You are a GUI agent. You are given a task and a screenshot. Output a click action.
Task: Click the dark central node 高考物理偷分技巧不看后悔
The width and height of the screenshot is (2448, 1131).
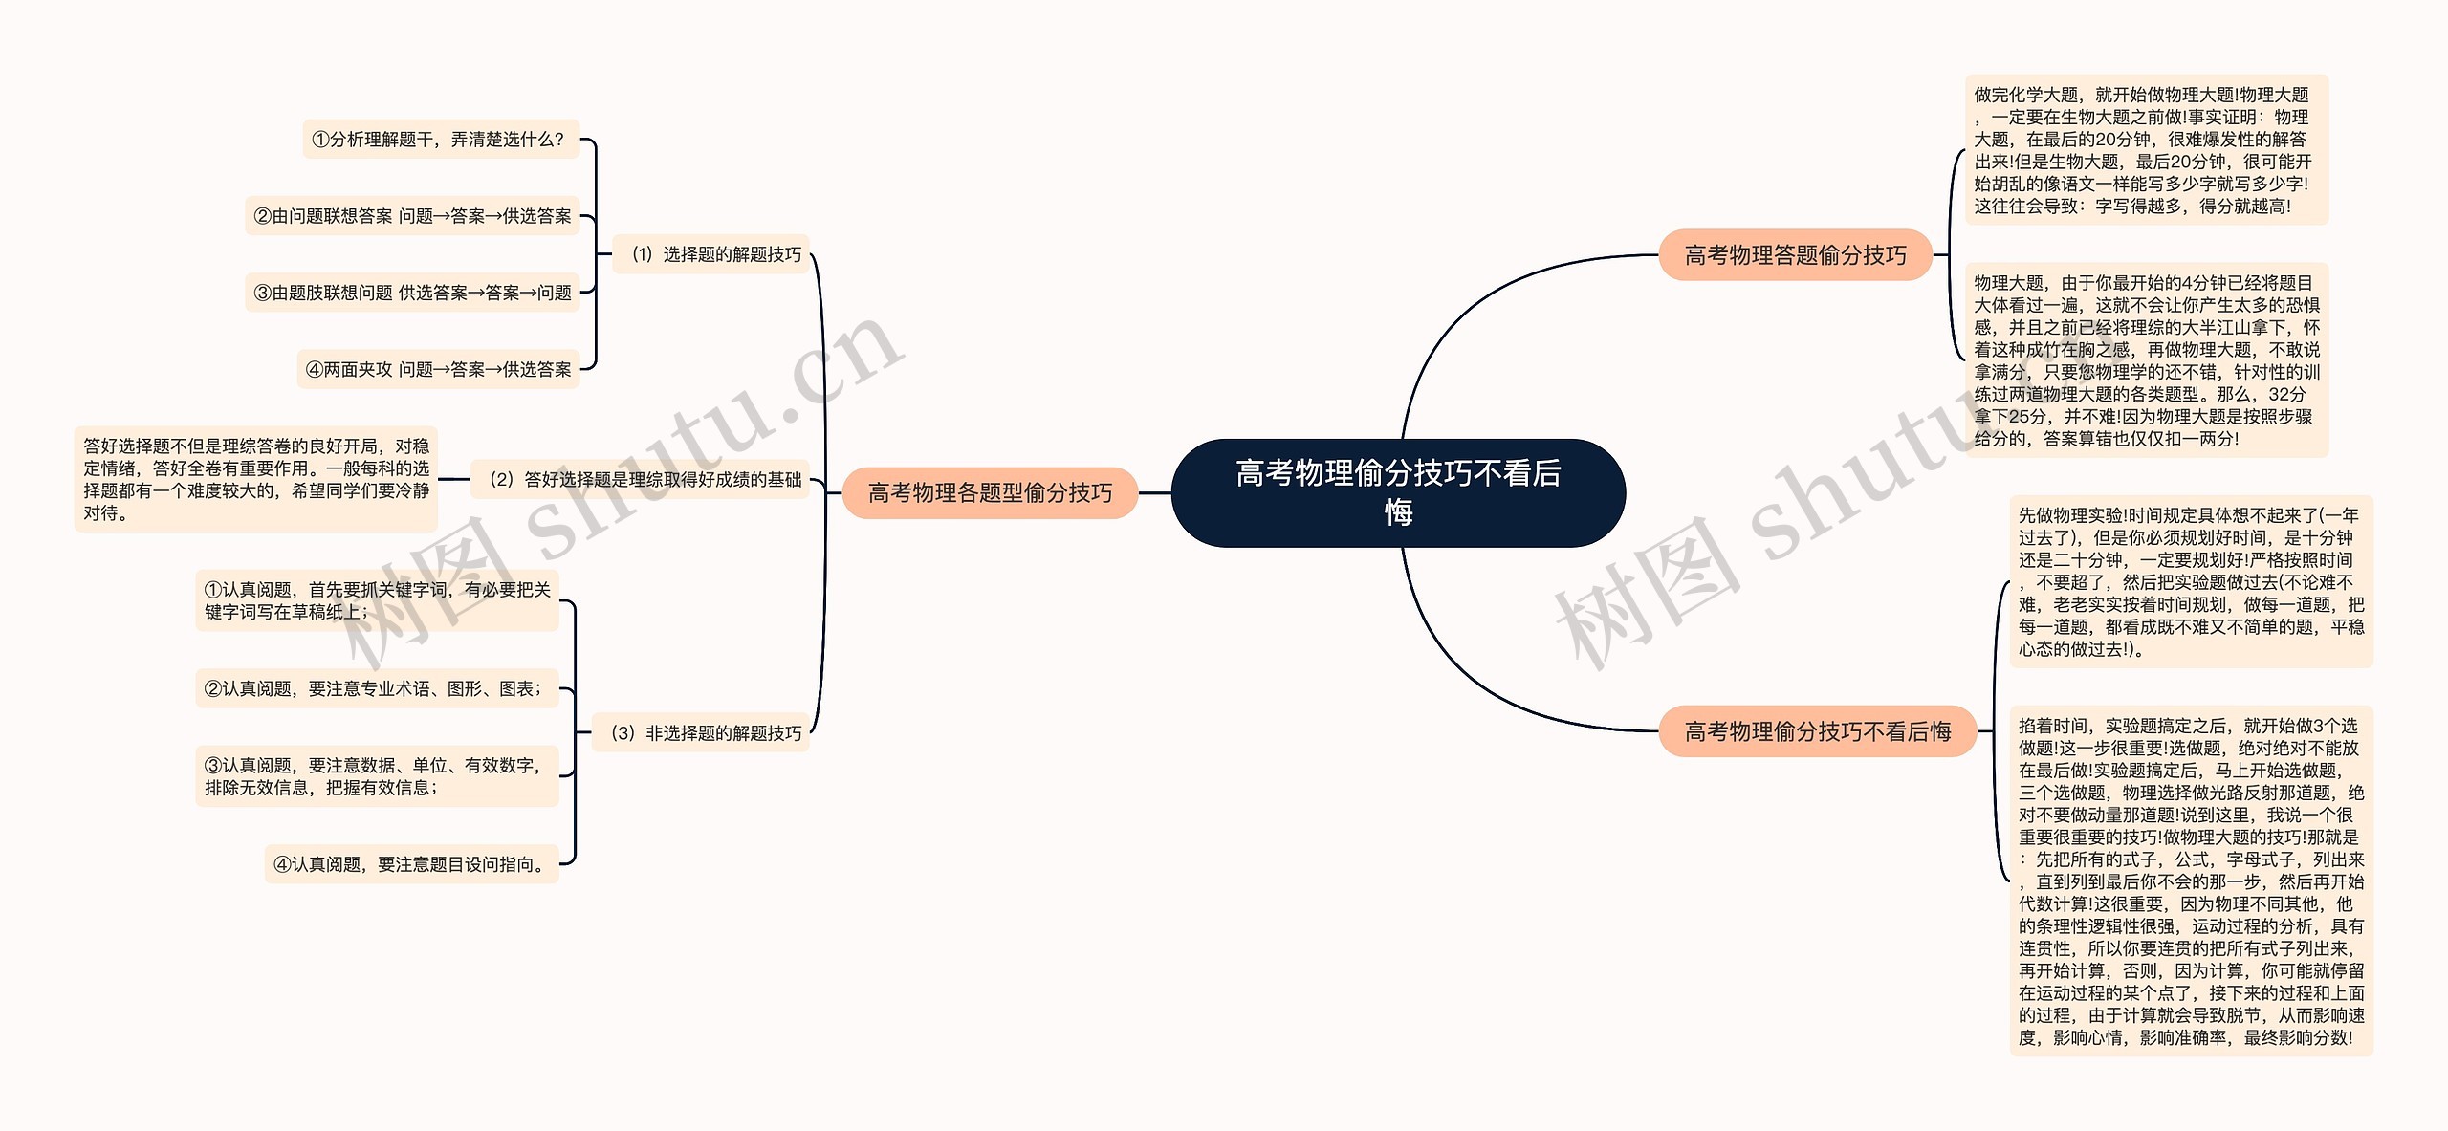1398,492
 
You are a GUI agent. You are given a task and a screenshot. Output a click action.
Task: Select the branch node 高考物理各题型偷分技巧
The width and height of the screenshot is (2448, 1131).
990,492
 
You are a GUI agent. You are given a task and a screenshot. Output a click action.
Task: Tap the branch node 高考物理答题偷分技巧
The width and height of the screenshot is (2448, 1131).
1795,255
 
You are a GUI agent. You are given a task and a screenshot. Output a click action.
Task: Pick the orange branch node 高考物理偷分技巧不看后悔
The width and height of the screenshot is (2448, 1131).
1817,731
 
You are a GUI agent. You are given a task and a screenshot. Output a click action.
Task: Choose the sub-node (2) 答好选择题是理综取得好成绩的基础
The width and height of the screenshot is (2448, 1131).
640,479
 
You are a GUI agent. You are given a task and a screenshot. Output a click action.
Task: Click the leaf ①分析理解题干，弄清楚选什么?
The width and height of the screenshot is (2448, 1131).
440,140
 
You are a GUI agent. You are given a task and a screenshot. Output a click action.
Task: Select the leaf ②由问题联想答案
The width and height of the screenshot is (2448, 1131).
412,216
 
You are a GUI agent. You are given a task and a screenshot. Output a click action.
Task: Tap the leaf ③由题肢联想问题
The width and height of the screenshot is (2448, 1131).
412,293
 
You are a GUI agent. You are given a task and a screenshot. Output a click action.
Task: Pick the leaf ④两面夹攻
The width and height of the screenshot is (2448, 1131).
438,369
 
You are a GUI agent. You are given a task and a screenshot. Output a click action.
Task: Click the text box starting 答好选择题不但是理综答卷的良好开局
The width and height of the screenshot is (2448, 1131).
255,479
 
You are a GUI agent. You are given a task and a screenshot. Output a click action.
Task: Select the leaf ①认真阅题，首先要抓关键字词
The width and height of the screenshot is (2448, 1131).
377,600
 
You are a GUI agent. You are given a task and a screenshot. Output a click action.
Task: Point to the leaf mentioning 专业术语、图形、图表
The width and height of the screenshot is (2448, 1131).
377,688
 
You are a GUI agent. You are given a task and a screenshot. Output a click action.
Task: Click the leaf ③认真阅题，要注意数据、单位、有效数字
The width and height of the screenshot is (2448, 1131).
377,776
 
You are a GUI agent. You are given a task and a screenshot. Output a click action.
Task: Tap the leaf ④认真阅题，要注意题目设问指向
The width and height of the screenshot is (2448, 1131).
411,864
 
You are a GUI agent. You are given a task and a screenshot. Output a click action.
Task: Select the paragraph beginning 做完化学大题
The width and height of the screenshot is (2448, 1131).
2146,150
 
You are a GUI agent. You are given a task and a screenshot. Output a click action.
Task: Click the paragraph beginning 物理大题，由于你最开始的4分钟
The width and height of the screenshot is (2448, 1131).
2146,360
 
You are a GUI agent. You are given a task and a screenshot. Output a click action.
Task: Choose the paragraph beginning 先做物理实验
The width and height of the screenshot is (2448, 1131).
2190,581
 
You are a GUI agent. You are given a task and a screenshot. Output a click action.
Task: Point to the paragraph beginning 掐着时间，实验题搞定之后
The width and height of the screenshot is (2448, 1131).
2190,881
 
